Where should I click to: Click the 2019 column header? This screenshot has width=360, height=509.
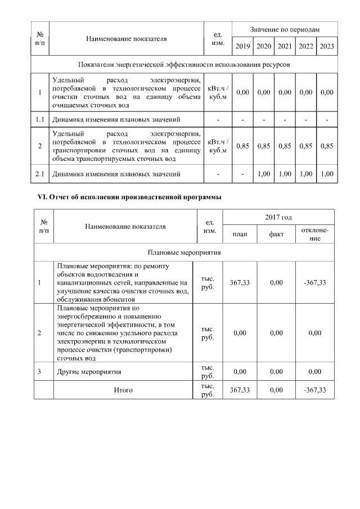(x=243, y=47)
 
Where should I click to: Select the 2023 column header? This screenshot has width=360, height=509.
(x=327, y=47)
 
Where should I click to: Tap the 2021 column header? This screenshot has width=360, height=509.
(x=285, y=47)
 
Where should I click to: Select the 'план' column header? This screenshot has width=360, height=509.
(x=240, y=235)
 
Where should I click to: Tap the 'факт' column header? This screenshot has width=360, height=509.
(x=276, y=235)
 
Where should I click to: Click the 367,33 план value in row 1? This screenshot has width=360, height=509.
(x=240, y=282)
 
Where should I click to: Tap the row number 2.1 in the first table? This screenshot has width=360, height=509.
(x=40, y=174)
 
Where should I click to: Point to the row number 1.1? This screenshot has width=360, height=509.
(x=40, y=119)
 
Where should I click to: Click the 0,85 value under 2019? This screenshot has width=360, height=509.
(x=243, y=146)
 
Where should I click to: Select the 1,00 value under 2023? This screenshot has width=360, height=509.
(x=327, y=174)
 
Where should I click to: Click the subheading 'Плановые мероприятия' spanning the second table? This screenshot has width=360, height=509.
(x=184, y=253)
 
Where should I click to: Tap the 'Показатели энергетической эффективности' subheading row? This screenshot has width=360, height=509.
(x=184, y=65)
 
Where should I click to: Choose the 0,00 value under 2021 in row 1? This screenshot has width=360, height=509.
(x=285, y=92)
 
